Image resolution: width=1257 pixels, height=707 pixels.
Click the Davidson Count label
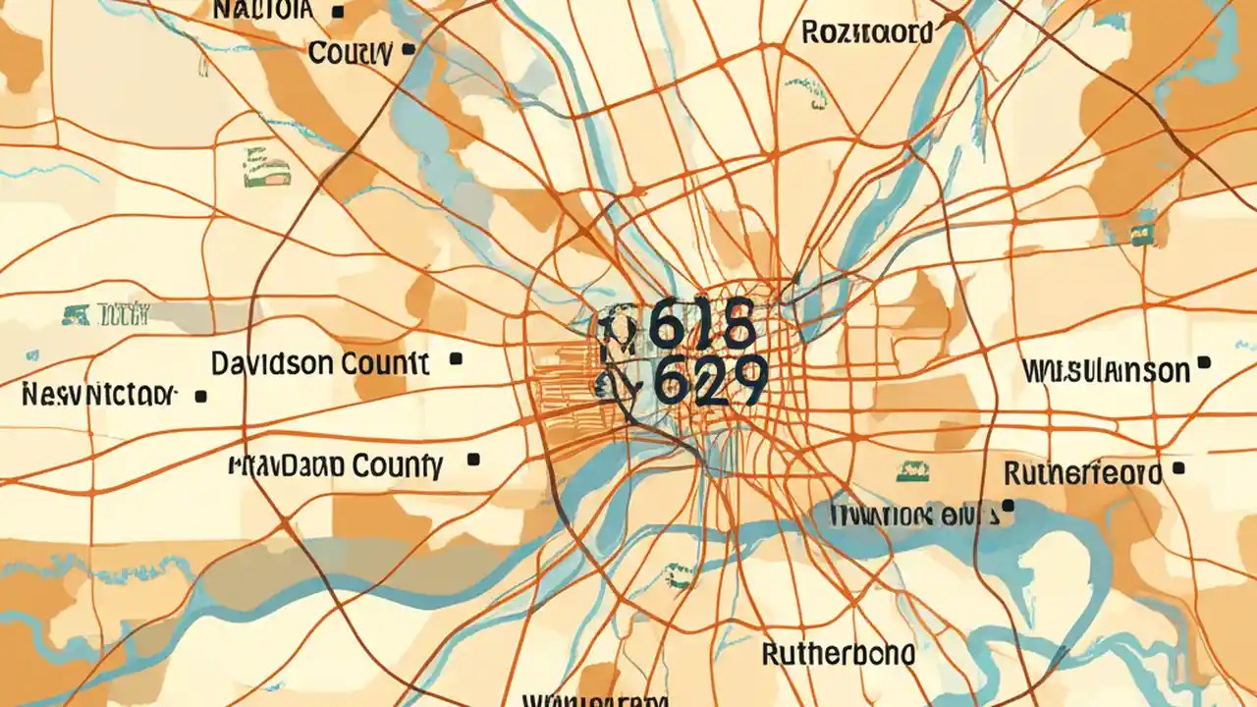click(x=319, y=364)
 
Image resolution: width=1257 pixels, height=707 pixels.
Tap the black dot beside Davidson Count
click(x=455, y=360)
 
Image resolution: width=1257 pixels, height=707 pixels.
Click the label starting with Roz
click(x=867, y=32)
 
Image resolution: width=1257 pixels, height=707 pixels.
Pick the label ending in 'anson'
click(x=1106, y=370)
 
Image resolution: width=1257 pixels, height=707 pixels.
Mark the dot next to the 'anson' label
click(x=1204, y=362)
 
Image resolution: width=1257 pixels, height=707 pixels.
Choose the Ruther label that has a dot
click(x=1082, y=474)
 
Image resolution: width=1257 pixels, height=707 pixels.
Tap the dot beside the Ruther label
click(x=1178, y=470)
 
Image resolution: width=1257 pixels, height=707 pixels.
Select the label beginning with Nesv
click(x=98, y=395)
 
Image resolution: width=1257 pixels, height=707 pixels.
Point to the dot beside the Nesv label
click(x=201, y=397)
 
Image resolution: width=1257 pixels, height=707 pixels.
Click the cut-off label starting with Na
click(x=263, y=11)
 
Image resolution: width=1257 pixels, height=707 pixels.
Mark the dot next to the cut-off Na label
click(x=338, y=13)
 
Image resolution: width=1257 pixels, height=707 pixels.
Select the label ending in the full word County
click(x=335, y=464)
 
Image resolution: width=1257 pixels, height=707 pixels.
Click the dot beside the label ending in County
click(x=474, y=459)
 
